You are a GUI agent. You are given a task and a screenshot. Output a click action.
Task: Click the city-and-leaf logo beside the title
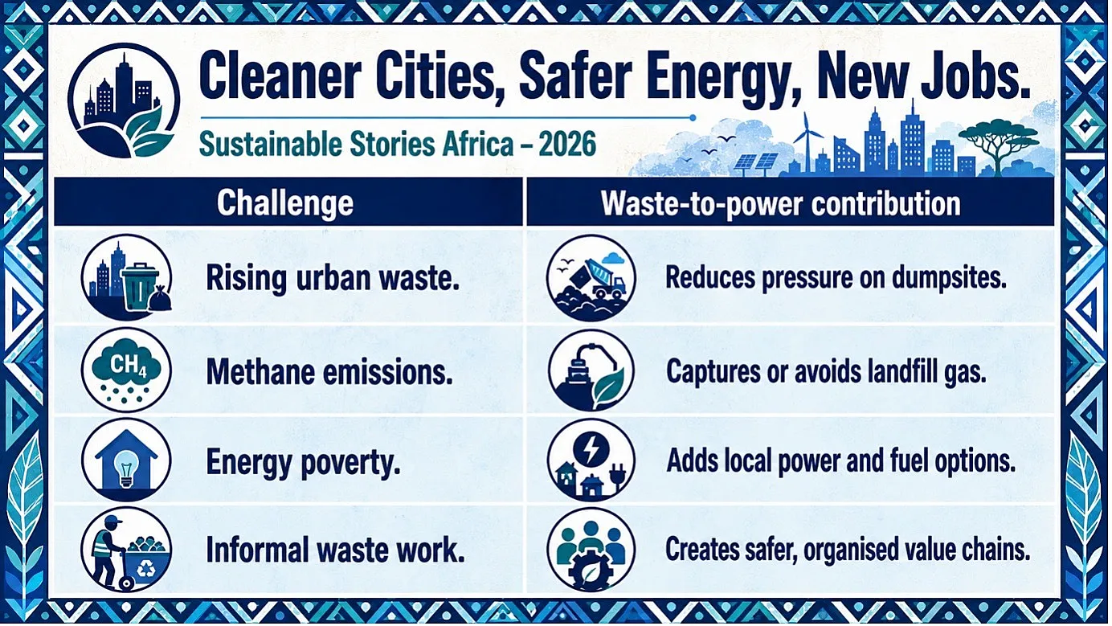tap(124, 100)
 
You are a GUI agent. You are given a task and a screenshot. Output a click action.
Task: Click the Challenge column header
tap(285, 203)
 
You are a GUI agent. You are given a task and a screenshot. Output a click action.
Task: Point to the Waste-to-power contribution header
tap(781, 203)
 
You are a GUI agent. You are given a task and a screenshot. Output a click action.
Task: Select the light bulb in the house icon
tap(126, 465)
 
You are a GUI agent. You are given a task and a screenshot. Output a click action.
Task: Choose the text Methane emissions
tap(329, 372)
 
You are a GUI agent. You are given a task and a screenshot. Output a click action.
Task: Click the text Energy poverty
tap(304, 463)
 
